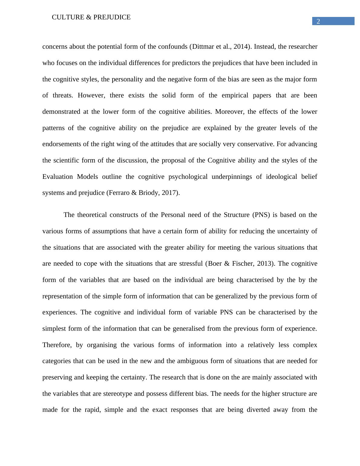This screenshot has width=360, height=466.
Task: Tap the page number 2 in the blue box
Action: (x=318, y=21)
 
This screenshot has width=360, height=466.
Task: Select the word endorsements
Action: (x=62, y=144)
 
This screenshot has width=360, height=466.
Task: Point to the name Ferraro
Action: (x=119, y=193)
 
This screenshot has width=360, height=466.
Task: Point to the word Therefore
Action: (x=57, y=345)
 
